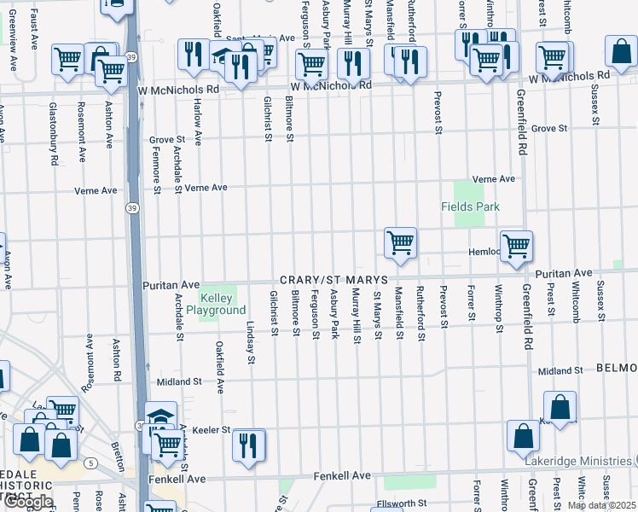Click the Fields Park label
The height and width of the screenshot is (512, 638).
(x=470, y=207)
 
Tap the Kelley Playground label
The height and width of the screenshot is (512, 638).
(x=223, y=304)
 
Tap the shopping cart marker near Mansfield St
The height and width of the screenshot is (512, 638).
(x=400, y=243)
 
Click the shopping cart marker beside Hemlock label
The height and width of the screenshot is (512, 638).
(x=516, y=246)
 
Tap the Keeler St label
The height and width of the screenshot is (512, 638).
(x=212, y=430)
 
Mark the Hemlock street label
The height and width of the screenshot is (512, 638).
(x=483, y=252)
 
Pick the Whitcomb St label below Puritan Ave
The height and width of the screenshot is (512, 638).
(x=577, y=301)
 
